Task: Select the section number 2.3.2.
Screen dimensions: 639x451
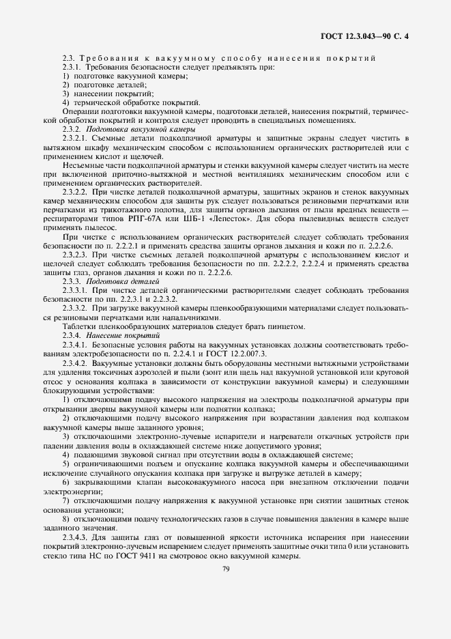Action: pyautogui.click(x=72, y=129)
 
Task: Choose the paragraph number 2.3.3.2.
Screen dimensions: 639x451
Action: pyautogui.click(x=76, y=308)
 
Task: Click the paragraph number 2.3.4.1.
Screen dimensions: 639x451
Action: pyautogui.click(x=76, y=344)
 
